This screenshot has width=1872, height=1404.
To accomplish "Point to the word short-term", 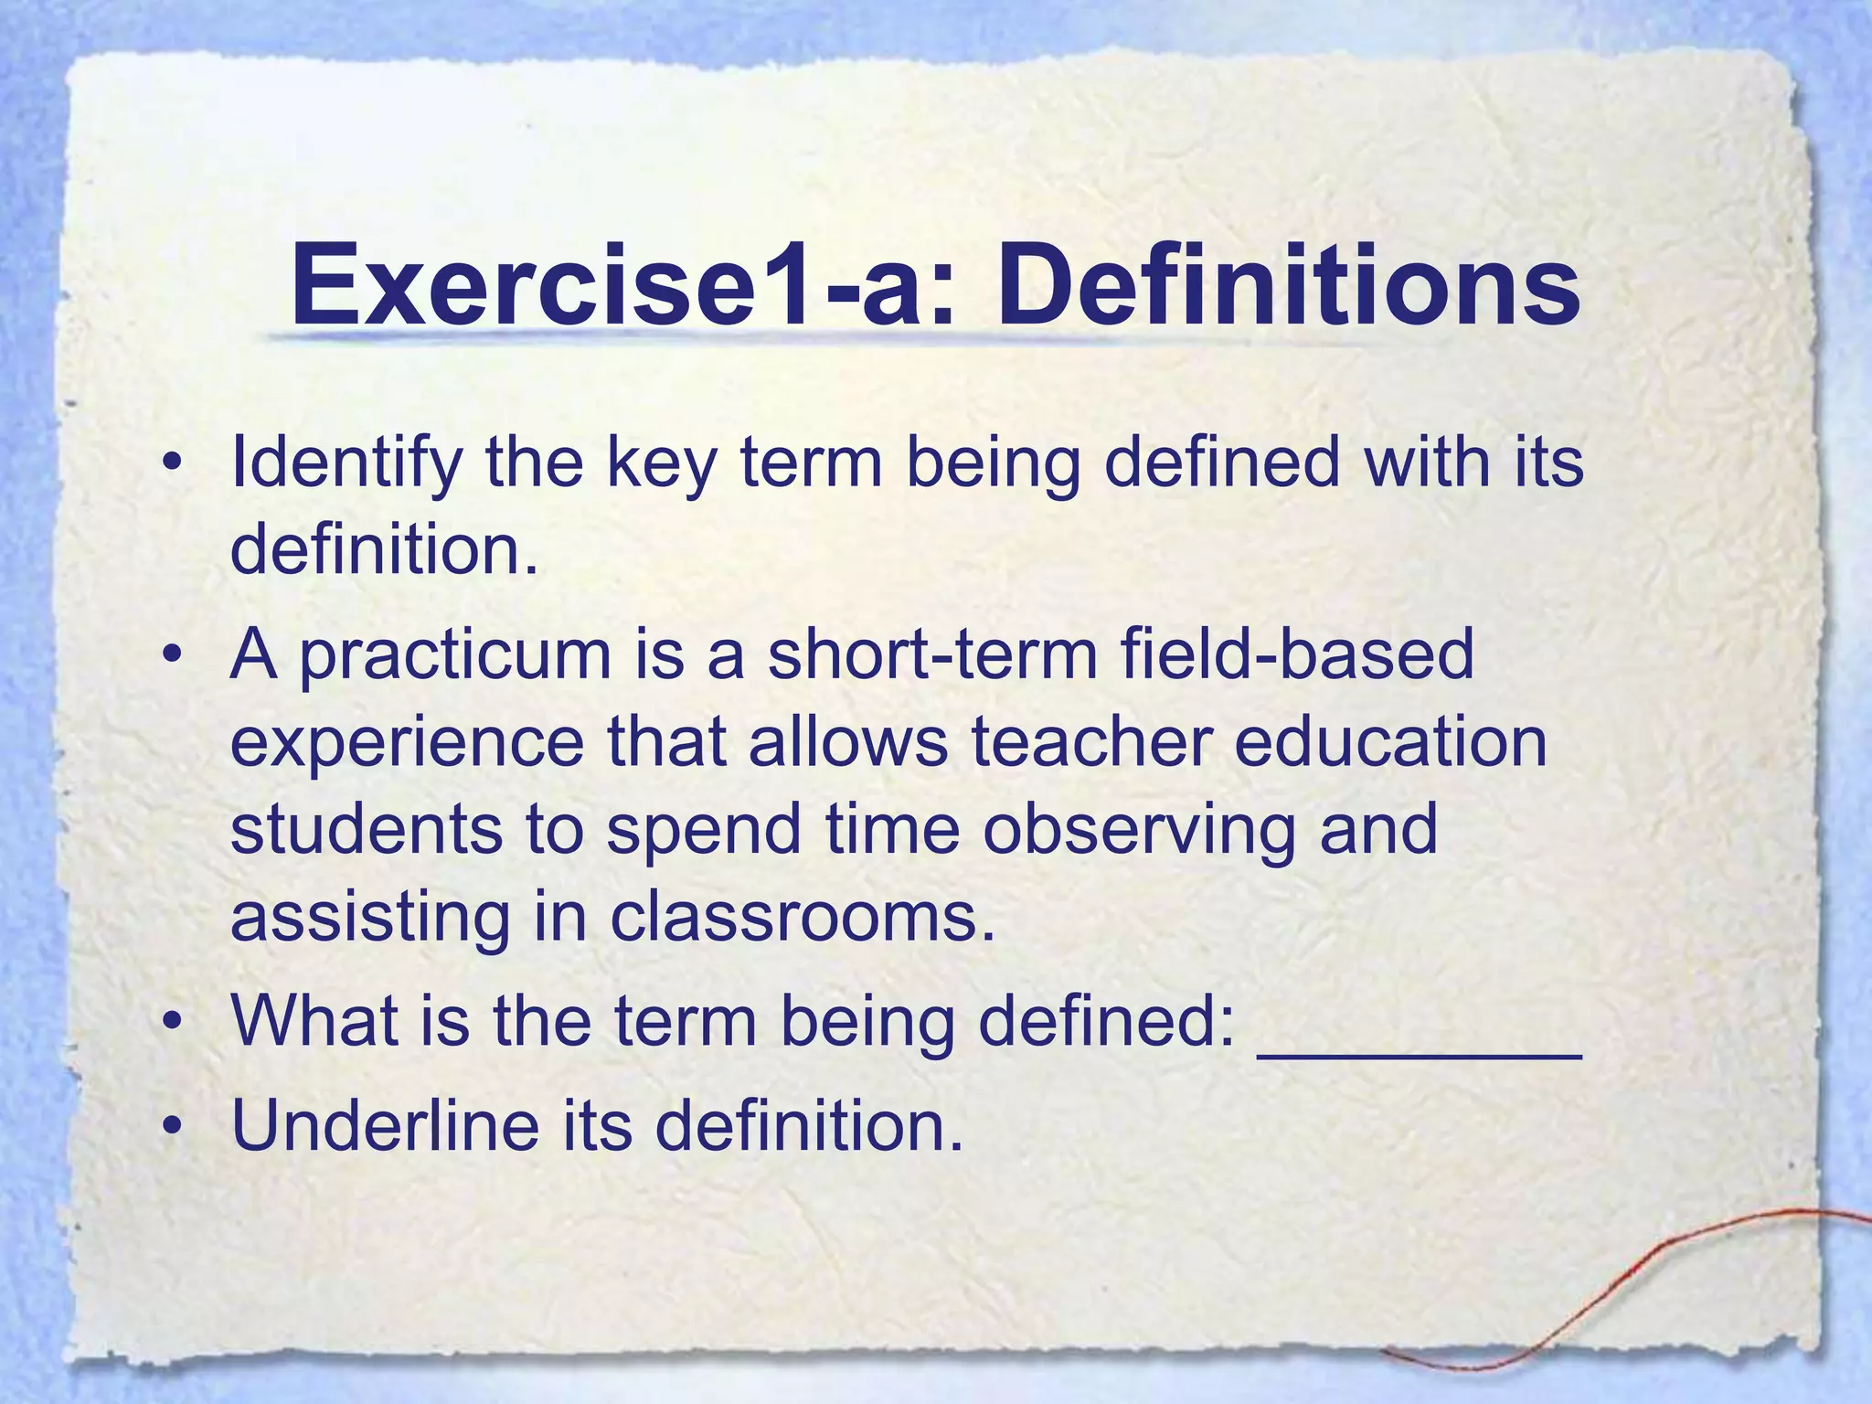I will click(931, 655).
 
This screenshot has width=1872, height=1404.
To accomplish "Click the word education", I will click(1390, 741).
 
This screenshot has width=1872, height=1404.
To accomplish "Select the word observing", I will click(1139, 831).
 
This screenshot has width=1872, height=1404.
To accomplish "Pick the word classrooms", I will click(802, 917).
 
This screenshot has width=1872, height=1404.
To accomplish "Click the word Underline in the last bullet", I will click(385, 1125).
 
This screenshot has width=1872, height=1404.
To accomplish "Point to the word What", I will click(315, 1021).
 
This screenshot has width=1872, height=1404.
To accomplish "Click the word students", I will click(365, 829).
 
